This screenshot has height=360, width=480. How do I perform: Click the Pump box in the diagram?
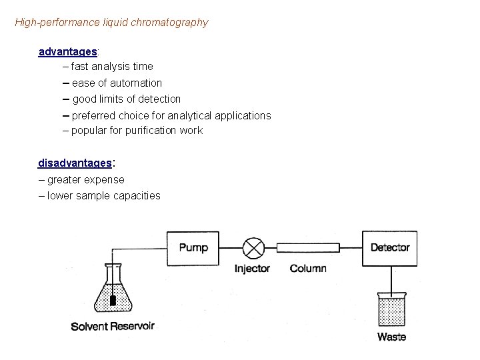pos(193,247)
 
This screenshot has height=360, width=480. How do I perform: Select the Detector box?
pos(390,247)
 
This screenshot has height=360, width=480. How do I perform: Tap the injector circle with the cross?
pos(253,248)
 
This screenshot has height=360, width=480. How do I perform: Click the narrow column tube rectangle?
pos(309,248)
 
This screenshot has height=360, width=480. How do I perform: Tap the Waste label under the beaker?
pos(391,337)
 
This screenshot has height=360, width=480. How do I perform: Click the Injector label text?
pos(253,268)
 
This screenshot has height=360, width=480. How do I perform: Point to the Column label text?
pos(308,268)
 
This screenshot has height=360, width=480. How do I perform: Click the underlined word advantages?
pos(68,51)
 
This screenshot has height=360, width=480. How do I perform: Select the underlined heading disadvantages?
pos(75,163)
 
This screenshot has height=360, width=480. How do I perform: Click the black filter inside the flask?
pos(113,301)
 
